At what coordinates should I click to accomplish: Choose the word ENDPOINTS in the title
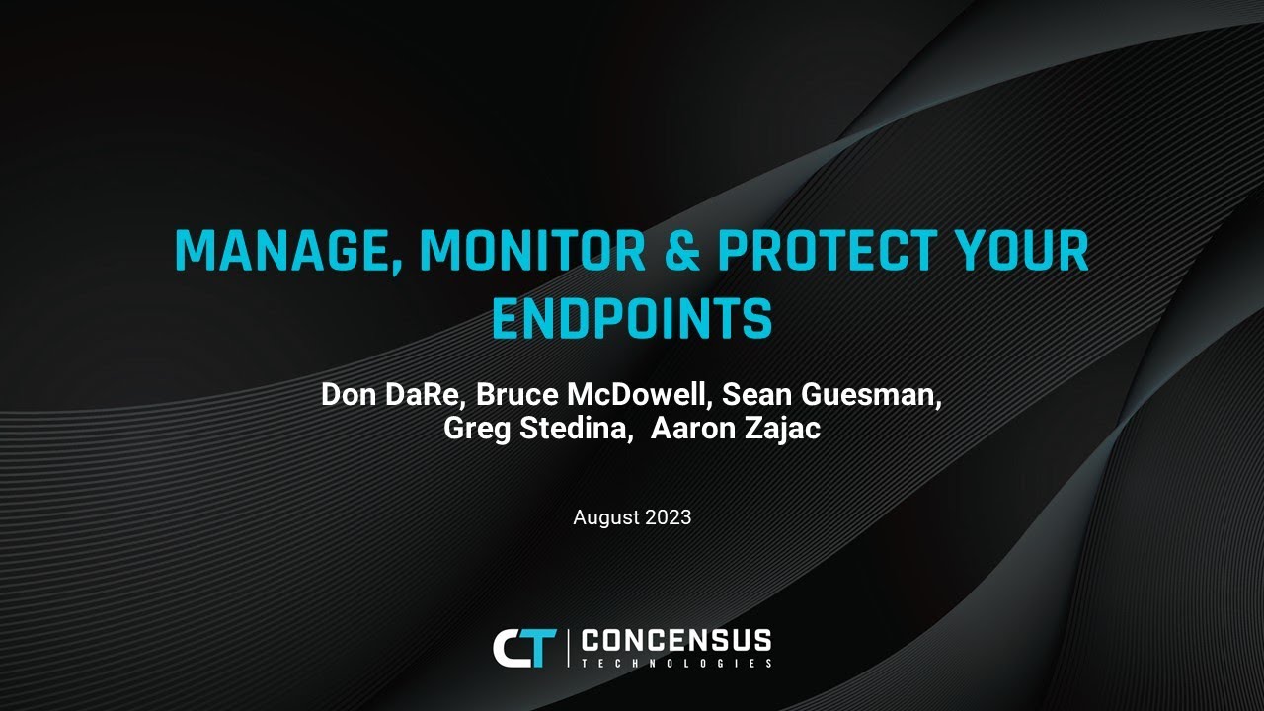pos(632,318)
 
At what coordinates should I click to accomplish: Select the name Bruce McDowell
pos(593,395)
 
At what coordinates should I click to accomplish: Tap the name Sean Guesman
pos(830,395)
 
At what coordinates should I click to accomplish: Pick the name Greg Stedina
pos(537,430)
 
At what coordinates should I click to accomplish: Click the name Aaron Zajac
pos(736,430)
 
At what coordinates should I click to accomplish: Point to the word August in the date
pos(605,517)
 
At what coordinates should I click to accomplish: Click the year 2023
pos(668,517)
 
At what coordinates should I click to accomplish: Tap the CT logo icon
pos(524,647)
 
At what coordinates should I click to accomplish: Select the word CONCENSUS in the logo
pos(676,639)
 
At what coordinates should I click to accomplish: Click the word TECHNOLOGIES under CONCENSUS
pos(676,663)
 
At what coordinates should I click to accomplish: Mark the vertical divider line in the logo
pos(568,647)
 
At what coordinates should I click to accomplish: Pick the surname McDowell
pos(640,395)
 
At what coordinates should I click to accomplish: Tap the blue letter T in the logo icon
pos(542,648)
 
